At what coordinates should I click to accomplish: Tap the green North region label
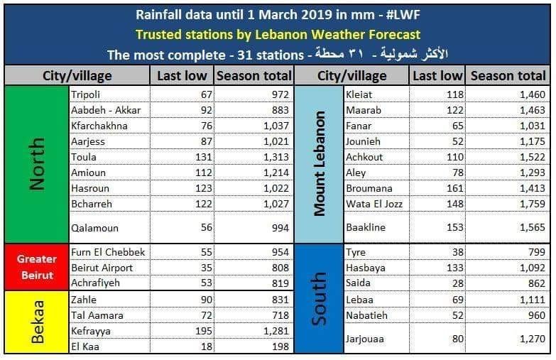coord(37,164)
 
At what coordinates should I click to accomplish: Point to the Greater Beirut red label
coord(37,267)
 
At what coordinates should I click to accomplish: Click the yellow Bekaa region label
coord(37,322)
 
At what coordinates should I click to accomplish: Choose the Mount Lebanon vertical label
coord(320,163)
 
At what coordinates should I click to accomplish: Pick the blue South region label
coord(320,298)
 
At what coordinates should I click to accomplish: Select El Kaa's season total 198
coord(278,346)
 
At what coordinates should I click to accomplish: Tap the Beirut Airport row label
coord(102,268)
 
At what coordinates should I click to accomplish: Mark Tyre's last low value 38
coord(454,252)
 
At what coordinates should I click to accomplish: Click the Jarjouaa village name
coord(365,339)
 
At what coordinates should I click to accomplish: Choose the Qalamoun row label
coord(94,228)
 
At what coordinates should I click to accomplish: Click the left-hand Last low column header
coord(182,75)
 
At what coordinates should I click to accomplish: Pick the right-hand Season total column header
coord(508,75)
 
